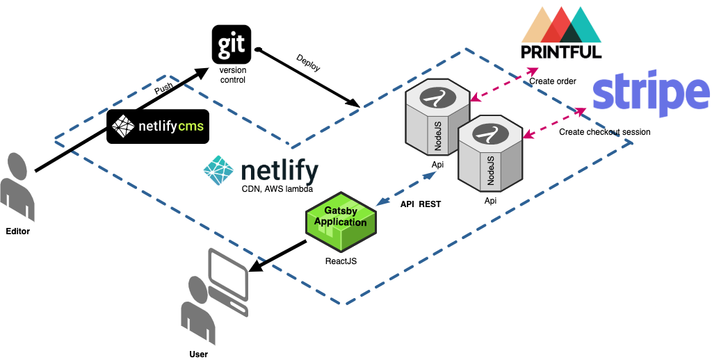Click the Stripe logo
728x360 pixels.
[651, 97]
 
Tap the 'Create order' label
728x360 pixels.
[553, 81]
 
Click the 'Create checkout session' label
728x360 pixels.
[604, 132]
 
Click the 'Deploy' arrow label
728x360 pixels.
[308, 63]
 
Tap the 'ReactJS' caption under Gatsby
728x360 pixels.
[341, 262]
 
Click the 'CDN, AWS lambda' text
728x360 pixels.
[277, 189]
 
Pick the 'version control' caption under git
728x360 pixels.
[232, 75]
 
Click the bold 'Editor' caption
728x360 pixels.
[17, 231]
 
